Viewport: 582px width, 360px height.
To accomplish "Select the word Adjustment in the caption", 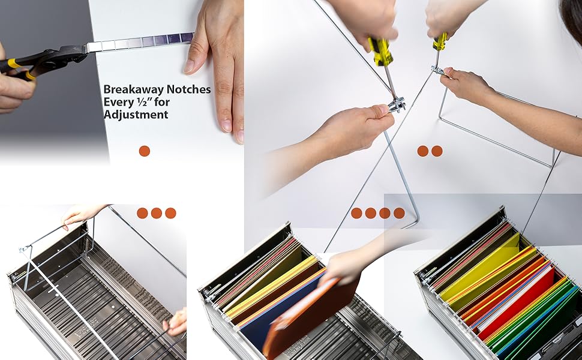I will point(136,115).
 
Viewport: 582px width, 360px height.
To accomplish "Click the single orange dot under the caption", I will point(145,151).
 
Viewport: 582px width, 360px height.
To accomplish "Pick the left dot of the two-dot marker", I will point(423,151).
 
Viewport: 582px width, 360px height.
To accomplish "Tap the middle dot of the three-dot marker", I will point(157,213).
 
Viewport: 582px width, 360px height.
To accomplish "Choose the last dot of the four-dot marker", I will point(399,213).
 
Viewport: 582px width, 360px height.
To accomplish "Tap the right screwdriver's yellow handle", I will point(440,41).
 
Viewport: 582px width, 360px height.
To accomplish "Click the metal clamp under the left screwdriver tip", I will point(396,105).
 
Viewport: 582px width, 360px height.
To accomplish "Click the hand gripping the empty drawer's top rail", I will point(81,213).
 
